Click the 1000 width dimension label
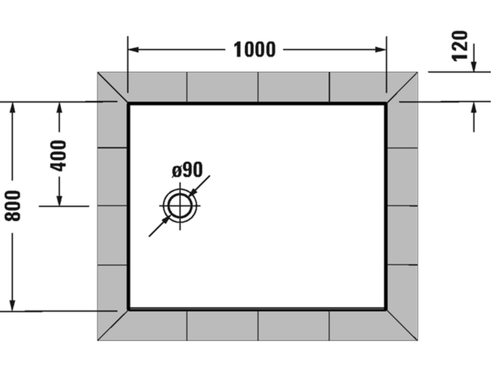click(255, 49)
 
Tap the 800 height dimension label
click(13, 206)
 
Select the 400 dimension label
click(59, 155)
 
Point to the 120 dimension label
click(460, 46)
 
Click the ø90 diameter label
click(187, 170)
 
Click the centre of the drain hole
click(180, 206)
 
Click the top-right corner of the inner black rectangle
click(386, 103)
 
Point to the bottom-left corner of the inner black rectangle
click(129, 309)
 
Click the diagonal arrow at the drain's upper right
click(195, 191)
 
